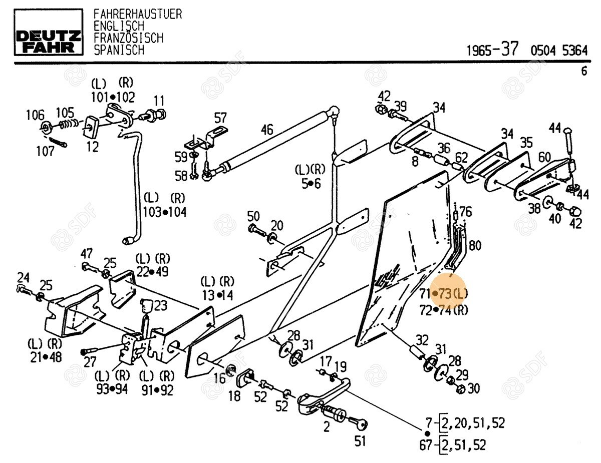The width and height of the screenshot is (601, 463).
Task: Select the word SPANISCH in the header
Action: [119, 50]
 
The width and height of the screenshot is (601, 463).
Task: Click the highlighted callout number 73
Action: [445, 294]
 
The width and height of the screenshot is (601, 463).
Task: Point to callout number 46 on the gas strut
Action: [267, 131]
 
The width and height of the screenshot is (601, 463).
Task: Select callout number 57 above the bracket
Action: [220, 119]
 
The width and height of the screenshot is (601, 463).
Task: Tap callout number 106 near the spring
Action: [35, 115]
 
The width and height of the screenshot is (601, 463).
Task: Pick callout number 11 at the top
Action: [159, 100]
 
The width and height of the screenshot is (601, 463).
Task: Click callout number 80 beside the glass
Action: [475, 246]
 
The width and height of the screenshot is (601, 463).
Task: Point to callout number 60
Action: [544, 156]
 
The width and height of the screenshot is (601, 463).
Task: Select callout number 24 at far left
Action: [24, 277]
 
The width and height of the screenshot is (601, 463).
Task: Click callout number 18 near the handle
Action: [234, 397]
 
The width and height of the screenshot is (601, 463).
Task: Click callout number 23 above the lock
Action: [160, 305]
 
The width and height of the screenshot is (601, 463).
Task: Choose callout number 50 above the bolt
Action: [253, 217]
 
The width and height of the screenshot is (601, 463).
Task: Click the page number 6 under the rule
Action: [584, 72]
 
